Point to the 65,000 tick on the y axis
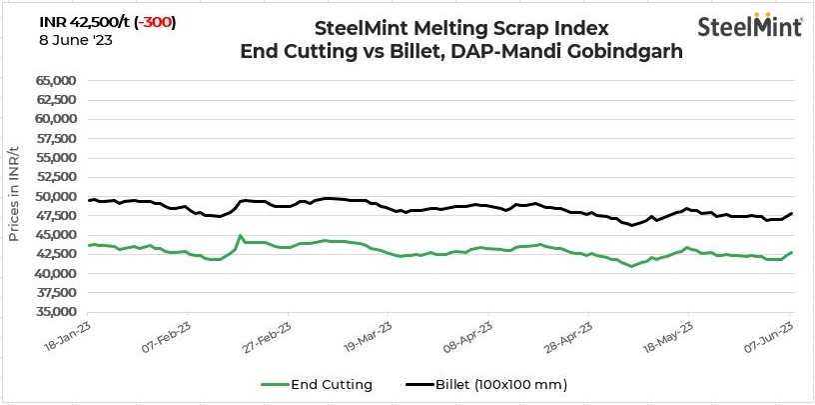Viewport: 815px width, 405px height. pyautogui.click(x=58, y=80)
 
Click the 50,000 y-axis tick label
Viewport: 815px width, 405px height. pyautogui.click(x=58, y=196)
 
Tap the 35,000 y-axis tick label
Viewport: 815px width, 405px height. pyautogui.click(x=58, y=312)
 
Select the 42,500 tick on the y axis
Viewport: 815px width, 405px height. pyautogui.click(x=58, y=254)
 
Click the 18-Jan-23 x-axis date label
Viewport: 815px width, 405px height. pyautogui.click(x=69, y=334)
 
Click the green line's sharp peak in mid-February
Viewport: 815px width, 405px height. pyautogui.click(x=241, y=236)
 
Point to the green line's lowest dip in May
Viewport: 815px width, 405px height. pyautogui.click(x=631, y=266)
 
